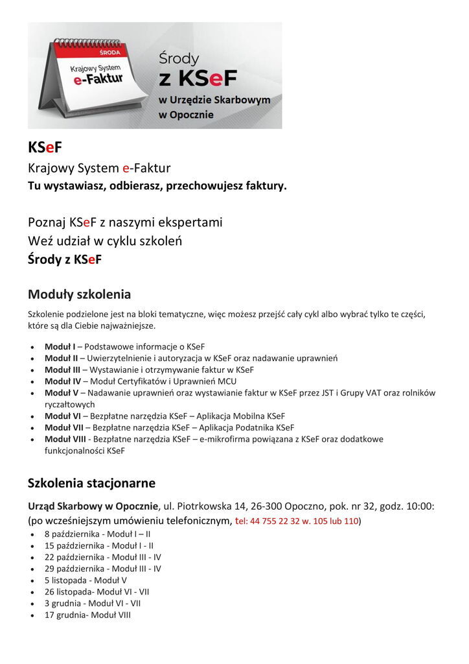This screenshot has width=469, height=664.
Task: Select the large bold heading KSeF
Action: click(45, 147)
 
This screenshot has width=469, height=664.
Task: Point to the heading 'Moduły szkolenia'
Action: click(79, 294)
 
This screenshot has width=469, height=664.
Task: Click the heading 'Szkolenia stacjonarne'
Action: click(91, 483)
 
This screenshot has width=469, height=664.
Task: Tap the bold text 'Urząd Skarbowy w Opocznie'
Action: click(93, 506)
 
